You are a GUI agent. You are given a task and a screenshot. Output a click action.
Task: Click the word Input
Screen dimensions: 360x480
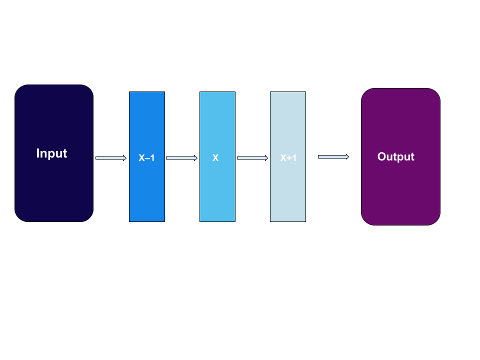(51, 153)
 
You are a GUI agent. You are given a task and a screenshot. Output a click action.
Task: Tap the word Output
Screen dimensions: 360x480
(395, 157)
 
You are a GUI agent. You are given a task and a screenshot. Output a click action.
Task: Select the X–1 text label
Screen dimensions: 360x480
(146, 158)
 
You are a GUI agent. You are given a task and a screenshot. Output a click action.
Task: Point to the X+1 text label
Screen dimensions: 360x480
(288, 158)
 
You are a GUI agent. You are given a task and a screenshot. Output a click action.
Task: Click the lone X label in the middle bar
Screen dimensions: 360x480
(215, 158)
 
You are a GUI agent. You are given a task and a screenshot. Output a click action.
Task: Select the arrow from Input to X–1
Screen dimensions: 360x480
(110, 158)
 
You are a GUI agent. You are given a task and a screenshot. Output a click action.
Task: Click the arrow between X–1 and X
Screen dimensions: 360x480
(181, 158)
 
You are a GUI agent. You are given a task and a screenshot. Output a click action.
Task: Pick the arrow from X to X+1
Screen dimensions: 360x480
(252, 158)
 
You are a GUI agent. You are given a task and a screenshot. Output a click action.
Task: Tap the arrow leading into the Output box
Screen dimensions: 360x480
(333, 156)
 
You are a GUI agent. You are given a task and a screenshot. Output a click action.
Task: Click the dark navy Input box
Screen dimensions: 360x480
(54, 190)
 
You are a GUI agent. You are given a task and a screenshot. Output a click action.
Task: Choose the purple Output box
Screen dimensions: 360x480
(400, 195)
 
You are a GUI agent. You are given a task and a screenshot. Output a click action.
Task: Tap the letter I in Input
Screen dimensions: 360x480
(38, 153)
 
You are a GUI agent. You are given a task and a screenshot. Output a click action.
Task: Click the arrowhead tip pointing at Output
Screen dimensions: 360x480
(347, 156)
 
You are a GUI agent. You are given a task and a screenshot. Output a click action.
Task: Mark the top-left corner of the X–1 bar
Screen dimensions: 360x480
(130, 93)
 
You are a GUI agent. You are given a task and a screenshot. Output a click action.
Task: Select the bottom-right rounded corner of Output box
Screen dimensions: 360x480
(436, 221)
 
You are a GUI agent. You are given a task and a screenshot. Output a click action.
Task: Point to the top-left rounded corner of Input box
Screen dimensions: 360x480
(19, 89)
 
